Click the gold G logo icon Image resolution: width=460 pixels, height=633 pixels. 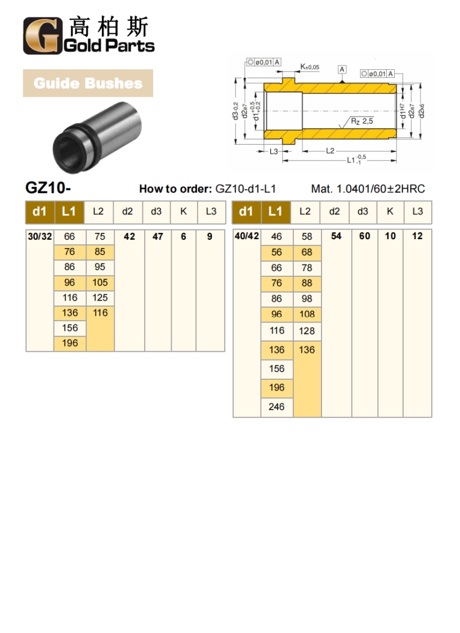click(x=41, y=36)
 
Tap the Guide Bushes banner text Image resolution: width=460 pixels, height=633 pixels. click(x=88, y=83)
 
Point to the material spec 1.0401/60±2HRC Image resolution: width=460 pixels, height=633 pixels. click(x=368, y=189)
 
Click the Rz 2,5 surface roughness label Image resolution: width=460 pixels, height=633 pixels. click(x=361, y=121)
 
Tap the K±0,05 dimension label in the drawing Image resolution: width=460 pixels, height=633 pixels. click(x=309, y=67)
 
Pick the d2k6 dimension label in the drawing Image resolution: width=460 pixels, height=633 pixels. click(x=422, y=110)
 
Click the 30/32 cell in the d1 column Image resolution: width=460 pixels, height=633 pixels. click(x=39, y=237)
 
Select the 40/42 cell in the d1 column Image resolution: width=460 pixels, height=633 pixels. click(x=247, y=236)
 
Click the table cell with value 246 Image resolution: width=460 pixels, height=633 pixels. click(x=276, y=407)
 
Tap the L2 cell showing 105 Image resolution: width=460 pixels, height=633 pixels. click(x=100, y=282)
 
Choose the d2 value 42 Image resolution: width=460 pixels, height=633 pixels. click(x=129, y=237)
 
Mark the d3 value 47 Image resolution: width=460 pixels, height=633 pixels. click(x=158, y=237)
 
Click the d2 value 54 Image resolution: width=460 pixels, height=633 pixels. click(x=336, y=236)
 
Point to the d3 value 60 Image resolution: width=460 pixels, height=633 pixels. click(x=364, y=236)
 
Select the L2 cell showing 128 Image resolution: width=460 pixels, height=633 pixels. click(x=307, y=331)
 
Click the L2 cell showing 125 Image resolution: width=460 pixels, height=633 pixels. click(x=100, y=298)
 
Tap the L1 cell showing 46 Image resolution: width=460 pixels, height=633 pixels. click(x=276, y=237)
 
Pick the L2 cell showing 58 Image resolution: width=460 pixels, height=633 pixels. click(x=307, y=237)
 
